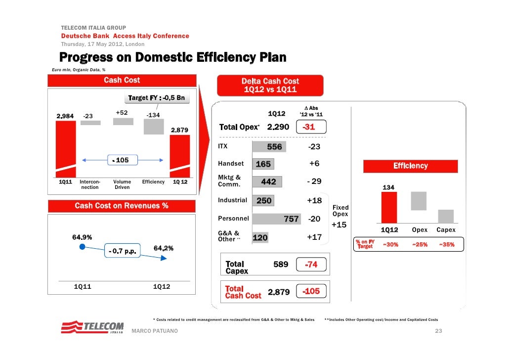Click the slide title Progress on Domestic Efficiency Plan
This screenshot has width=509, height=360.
click(173, 57)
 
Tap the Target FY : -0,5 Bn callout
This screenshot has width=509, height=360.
click(156, 98)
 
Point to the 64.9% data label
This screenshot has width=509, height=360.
click(82, 237)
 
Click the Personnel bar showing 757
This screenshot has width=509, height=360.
click(276, 219)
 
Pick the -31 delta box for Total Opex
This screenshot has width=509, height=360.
click(309, 128)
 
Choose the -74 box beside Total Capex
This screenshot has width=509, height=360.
click(311, 265)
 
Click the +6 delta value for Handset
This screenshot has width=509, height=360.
click(314, 164)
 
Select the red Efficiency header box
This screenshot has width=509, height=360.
click(410, 166)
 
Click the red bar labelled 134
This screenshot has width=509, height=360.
click(389, 208)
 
